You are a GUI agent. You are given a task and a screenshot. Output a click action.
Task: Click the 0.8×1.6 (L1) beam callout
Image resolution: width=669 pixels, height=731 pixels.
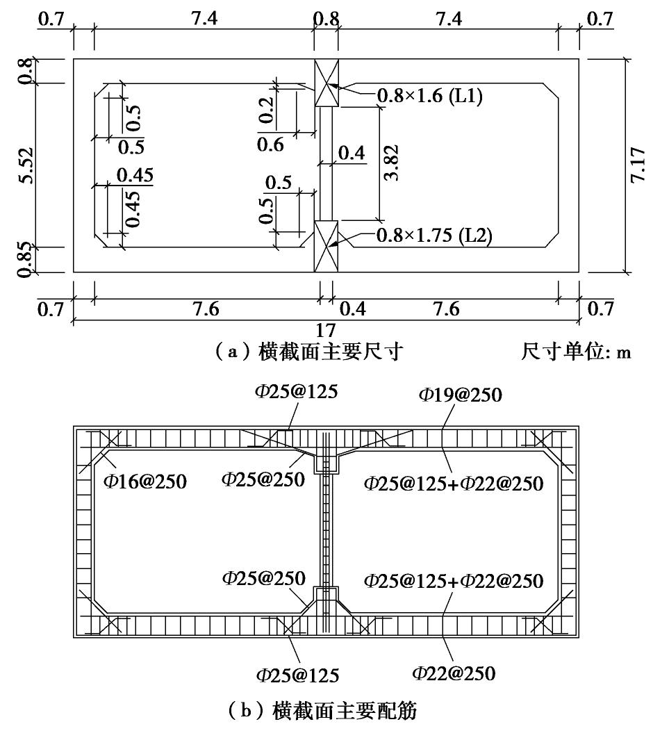pyautogui.click(x=429, y=96)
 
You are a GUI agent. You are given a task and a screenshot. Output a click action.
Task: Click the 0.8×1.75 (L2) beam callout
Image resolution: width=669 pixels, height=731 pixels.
pyautogui.click(x=433, y=236)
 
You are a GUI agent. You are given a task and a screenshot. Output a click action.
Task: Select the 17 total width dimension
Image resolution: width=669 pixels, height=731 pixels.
pyautogui.click(x=327, y=329)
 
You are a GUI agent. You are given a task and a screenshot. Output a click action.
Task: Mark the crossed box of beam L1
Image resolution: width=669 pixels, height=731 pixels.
pyautogui.click(x=327, y=83)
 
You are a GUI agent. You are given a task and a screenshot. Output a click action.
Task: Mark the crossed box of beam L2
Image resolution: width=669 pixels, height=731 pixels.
pyautogui.click(x=327, y=246)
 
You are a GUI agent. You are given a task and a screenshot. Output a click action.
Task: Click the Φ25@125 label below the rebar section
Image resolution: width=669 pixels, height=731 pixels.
pyautogui.click(x=297, y=674)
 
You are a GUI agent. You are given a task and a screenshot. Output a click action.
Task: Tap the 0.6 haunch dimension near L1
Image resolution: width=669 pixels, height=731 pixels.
pyautogui.click(x=270, y=145)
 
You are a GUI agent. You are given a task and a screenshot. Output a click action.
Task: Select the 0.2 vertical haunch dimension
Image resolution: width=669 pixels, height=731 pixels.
pyautogui.click(x=265, y=110)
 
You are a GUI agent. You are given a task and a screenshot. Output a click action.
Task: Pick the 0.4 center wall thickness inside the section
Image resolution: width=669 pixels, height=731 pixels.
pyautogui.click(x=352, y=153)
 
